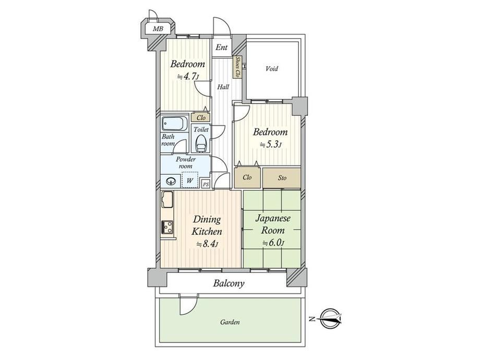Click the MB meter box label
tap(158, 29)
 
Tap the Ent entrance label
tap(222, 47)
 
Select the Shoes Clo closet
tap(237, 67)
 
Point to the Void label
tap(272, 68)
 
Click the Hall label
tap(223, 87)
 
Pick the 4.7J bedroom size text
tap(188, 76)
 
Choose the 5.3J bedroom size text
tap(271, 145)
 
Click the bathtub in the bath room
tap(174, 124)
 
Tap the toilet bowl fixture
tap(201, 143)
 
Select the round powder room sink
tap(171, 181)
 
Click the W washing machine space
tap(190, 179)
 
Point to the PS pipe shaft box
tap(206, 184)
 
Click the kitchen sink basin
tap(167, 199)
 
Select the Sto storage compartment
tap(282, 177)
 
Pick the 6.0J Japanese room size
tap(273, 243)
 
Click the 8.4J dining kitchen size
tap(207, 244)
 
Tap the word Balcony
tap(229, 283)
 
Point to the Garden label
tap(230, 322)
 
